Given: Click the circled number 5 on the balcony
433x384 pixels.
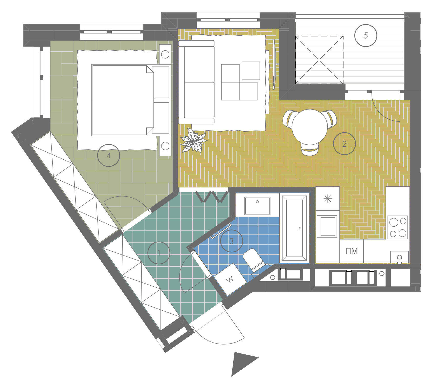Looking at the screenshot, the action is point(366,35).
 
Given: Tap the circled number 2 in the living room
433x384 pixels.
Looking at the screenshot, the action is point(344,144).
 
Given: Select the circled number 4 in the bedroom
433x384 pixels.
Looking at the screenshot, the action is point(108,155).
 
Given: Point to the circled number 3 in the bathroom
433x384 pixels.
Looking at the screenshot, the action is point(231,241).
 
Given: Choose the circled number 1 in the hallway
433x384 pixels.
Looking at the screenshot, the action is point(159,253).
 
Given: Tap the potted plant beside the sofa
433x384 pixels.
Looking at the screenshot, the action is point(193,141).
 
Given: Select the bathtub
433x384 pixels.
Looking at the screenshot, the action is point(294,228).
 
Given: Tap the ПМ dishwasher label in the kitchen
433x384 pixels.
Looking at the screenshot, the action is point(351,251).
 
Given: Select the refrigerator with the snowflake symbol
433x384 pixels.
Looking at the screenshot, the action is point(328,199).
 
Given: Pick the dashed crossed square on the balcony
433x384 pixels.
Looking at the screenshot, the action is point(320,60).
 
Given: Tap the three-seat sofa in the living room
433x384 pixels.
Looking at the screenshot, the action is point(196,82).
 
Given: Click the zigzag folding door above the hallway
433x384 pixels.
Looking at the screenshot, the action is point(212,197).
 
